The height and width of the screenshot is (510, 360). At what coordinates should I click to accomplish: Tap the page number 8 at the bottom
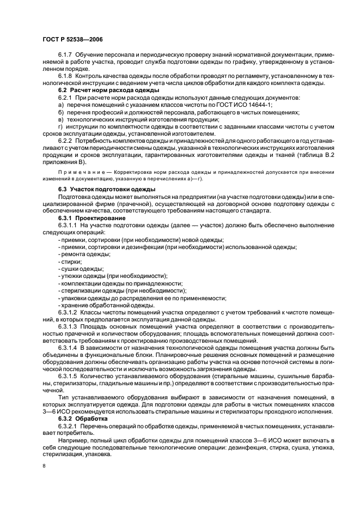point(45,466)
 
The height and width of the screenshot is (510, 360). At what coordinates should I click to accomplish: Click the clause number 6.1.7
point(66,55)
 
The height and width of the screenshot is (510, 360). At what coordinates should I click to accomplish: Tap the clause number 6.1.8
point(66,75)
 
